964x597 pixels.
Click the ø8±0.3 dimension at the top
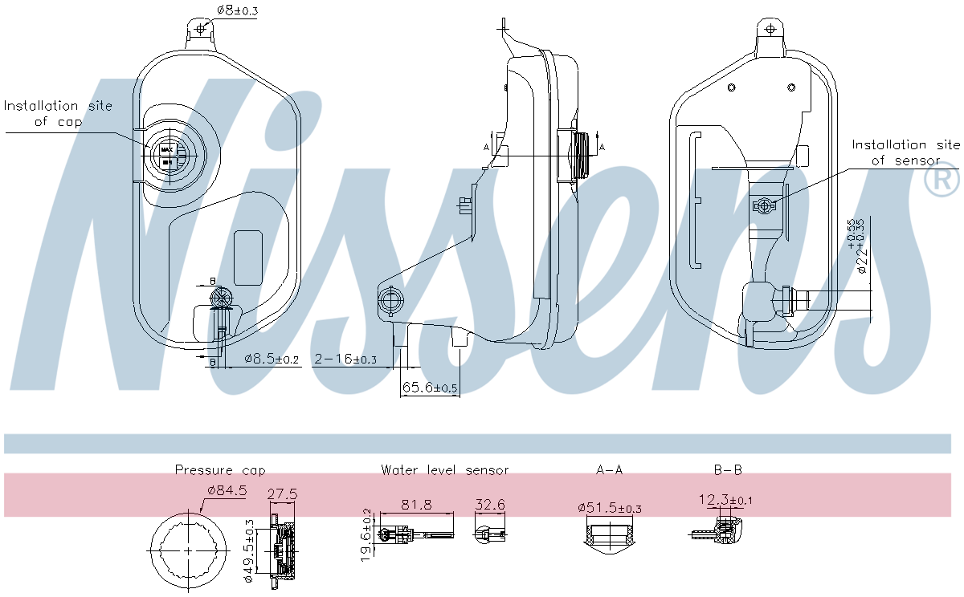click(237, 10)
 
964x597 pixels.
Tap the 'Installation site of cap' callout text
click(58, 113)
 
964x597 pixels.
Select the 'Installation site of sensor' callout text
click(905, 152)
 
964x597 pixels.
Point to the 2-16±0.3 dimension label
click(345, 360)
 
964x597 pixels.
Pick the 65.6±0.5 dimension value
click(430, 388)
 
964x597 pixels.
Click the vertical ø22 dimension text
click(859, 245)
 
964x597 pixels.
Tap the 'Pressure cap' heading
click(220, 470)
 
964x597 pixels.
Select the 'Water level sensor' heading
click(444, 470)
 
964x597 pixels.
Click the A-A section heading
click(608, 470)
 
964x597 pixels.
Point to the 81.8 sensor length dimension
click(416, 506)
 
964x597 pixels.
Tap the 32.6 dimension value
click(490, 506)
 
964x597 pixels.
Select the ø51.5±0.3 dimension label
click(609, 509)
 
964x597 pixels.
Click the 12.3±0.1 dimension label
click(725, 501)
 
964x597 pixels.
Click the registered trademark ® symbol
click(942, 180)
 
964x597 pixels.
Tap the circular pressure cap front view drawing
click(189, 552)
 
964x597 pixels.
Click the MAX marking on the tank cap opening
click(167, 149)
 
